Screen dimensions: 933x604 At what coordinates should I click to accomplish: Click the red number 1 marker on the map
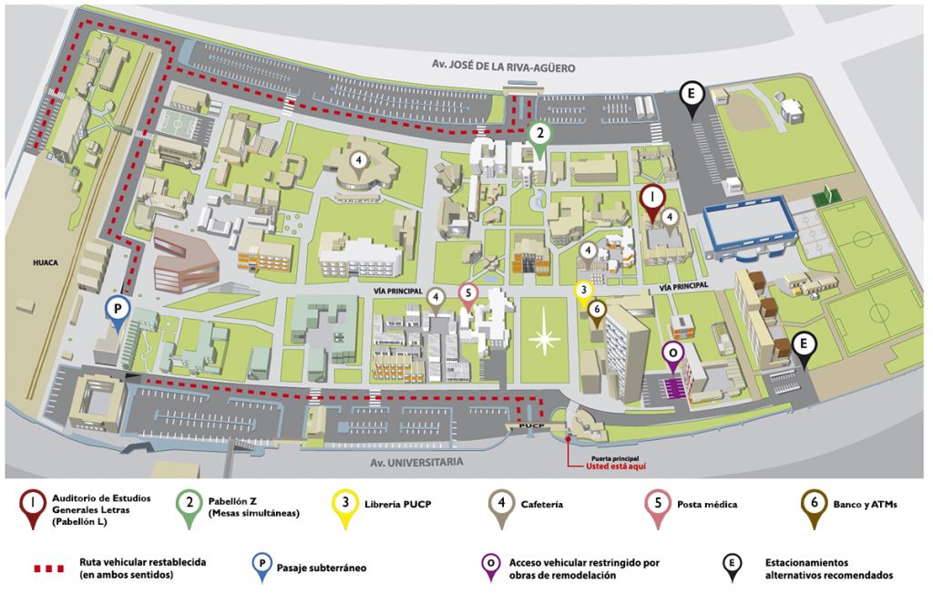652,200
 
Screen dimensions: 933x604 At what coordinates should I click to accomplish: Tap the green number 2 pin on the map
539,138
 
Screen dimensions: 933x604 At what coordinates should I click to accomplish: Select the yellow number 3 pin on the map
584,292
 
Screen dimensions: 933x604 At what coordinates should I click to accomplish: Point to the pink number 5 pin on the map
468,294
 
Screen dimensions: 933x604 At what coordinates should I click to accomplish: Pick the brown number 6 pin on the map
597,312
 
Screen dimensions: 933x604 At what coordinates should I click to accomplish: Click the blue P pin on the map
118,312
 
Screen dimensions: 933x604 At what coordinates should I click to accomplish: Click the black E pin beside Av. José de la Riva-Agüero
692,97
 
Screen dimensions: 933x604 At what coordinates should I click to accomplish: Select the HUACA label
46,262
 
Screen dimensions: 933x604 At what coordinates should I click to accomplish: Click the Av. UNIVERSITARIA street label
416,462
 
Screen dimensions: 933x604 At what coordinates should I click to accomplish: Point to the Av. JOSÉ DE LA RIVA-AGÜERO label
503,67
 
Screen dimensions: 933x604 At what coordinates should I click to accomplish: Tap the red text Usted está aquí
615,467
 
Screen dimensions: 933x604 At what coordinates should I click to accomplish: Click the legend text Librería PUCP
397,505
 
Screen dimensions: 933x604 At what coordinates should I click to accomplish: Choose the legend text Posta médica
707,505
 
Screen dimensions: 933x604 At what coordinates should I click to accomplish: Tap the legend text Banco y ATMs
866,505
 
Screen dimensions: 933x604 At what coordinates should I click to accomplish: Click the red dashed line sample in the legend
49,568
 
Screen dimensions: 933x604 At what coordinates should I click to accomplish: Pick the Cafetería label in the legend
541,505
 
